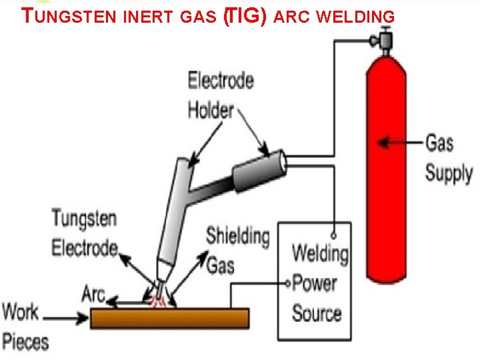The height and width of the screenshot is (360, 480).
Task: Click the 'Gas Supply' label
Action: [x=449, y=158]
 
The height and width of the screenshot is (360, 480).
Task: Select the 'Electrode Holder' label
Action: [x=221, y=95]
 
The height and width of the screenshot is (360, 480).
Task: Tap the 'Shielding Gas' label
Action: [x=237, y=251]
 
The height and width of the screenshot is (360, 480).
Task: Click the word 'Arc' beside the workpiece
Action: [x=94, y=293]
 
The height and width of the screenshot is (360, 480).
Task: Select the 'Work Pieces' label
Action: [x=25, y=327]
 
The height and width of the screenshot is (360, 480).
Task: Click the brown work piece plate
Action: [x=169, y=318]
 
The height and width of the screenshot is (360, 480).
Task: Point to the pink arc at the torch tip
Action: [x=160, y=301]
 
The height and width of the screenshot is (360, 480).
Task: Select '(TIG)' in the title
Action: [x=245, y=16]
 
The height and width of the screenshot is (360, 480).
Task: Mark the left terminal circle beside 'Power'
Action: [x=288, y=283]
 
